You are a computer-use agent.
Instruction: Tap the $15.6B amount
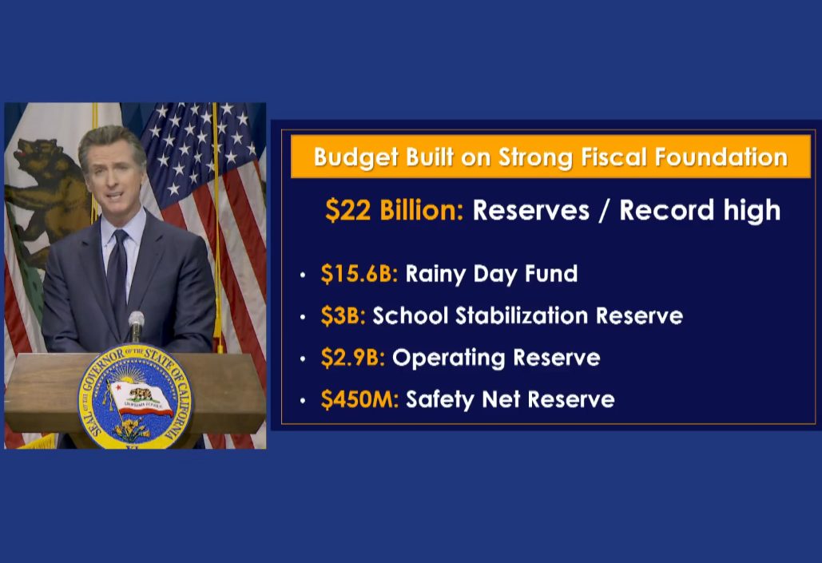[359, 274]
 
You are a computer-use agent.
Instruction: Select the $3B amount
[343, 315]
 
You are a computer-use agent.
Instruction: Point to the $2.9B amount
[353, 358]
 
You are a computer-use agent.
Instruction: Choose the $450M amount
[359, 399]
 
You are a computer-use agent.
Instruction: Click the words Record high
[700, 210]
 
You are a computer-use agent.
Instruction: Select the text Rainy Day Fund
[491, 274]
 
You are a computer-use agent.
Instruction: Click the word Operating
[448, 358]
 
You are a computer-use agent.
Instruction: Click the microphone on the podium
[137, 325]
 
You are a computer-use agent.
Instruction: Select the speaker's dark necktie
[117, 272]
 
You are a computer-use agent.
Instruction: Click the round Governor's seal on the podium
[135, 397]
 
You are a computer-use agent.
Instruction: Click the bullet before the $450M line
[303, 401]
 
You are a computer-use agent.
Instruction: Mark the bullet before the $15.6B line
[303, 276]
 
